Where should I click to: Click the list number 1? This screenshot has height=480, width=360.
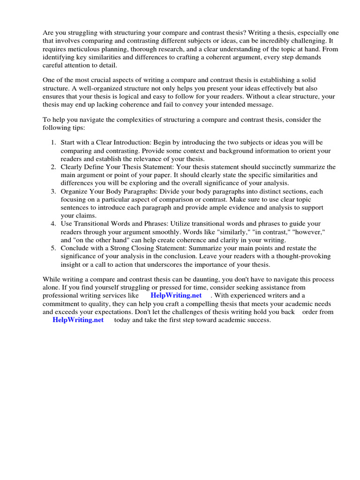53,142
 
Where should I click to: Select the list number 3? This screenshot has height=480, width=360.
53,192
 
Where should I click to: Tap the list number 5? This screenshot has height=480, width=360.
53,248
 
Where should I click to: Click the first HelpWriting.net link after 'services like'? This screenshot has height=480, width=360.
176,295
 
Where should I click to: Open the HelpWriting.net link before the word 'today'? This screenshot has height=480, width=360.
78,320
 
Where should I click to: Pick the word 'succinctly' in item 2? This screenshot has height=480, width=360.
276,167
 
